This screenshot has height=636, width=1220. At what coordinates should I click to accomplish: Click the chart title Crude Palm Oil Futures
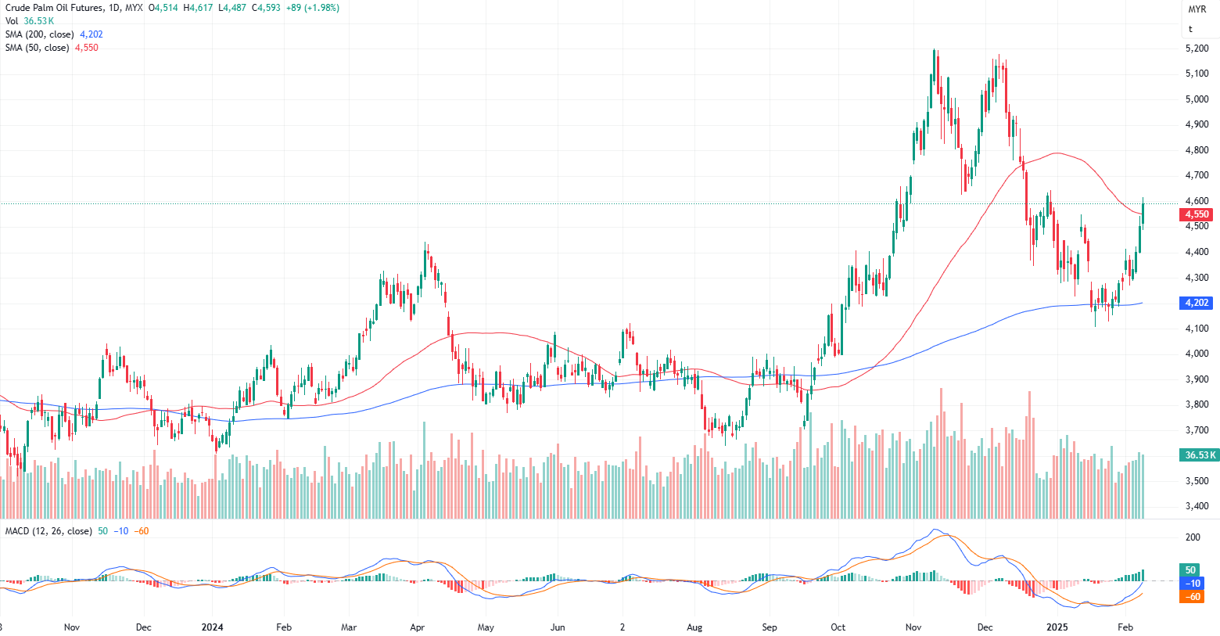click(x=54, y=8)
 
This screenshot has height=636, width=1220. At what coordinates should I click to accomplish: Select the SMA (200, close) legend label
click(x=39, y=34)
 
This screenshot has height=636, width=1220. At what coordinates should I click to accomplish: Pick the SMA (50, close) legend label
click(x=37, y=48)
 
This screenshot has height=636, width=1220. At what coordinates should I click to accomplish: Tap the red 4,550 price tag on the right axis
click(x=1197, y=214)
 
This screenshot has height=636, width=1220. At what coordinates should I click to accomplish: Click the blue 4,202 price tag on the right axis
click(x=1197, y=303)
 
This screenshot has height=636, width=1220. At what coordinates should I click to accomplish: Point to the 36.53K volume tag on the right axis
click(x=1200, y=455)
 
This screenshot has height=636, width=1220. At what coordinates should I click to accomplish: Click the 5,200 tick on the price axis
click(x=1197, y=49)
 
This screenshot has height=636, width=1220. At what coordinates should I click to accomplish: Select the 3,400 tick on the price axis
click(x=1197, y=506)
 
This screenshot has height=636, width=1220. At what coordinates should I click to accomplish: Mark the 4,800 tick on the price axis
click(x=1197, y=150)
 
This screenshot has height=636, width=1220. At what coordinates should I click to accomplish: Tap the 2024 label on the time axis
click(x=212, y=627)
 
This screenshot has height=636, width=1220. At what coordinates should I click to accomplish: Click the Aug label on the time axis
click(x=694, y=627)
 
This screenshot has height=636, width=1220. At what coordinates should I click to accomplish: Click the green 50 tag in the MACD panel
click(x=1190, y=570)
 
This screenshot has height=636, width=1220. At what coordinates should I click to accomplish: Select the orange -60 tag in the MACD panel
click(x=1192, y=597)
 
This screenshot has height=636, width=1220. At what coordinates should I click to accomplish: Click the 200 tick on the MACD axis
click(x=1193, y=537)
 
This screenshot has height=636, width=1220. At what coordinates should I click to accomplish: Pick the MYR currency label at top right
click(x=1197, y=9)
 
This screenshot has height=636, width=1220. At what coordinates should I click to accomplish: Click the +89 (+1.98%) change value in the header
click(x=313, y=8)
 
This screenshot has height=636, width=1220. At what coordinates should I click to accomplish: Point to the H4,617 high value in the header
click(x=198, y=8)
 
